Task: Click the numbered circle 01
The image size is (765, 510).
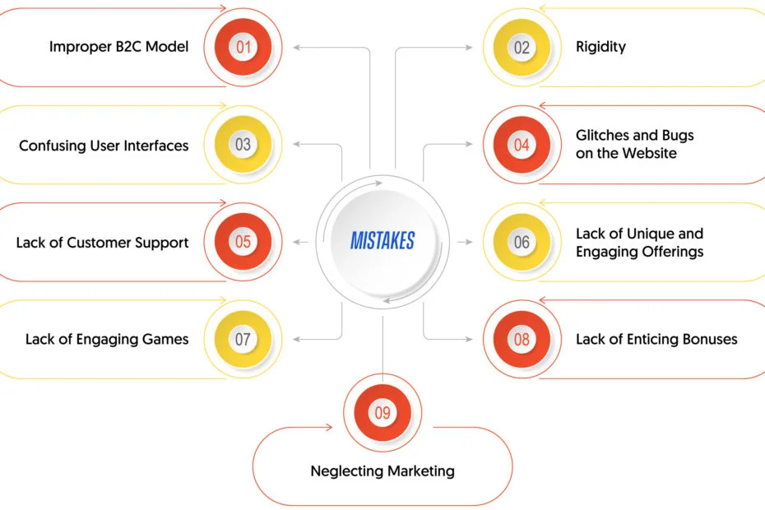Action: [243, 47]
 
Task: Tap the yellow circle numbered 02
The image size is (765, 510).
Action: [522, 48]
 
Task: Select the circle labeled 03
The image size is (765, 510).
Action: [243, 145]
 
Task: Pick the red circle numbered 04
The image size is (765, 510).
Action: [522, 145]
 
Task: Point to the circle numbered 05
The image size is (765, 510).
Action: [243, 242]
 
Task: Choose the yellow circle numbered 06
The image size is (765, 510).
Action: [522, 242]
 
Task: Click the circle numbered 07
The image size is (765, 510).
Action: [243, 339]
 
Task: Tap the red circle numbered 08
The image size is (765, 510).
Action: [522, 339]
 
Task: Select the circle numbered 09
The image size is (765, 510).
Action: [382, 412]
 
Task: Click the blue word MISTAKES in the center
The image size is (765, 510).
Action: [382, 240]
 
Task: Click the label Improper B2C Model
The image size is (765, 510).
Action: [118, 47]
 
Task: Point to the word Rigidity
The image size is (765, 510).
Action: [600, 47]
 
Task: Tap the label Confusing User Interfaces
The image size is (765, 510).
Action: [104, 146]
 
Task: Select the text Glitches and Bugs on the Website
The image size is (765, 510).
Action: [635, 144]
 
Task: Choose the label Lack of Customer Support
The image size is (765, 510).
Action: [102, 243]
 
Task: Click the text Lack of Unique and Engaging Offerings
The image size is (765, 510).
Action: [640, 243]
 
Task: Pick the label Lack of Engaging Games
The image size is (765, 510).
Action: [107, 339]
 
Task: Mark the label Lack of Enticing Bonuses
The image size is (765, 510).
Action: [656, 339]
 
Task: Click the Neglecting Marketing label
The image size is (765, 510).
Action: [382, 471]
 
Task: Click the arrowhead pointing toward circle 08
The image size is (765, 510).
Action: [470, 339]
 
